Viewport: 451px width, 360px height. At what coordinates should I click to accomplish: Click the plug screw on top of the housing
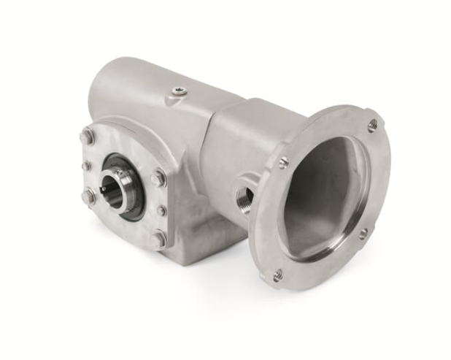click(x=178, y=91)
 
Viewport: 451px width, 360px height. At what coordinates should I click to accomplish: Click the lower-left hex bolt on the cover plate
click(x=89, y=196)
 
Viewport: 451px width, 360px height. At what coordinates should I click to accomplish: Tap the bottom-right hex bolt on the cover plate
click(x=160, y=237)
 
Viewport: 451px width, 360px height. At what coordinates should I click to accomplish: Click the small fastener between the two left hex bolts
click(x=87, y=166)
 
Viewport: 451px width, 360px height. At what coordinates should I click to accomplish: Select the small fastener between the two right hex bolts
click(x=161, y=210)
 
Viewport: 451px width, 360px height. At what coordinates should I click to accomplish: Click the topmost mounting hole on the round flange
click(x=373, y=125)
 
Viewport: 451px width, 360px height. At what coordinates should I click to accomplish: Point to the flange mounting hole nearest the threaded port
click(x=283, y=162)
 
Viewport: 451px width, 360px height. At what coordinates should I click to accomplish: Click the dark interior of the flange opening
click(x=321, y=197)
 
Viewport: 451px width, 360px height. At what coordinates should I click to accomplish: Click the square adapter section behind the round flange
click(x=234, y=146)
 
